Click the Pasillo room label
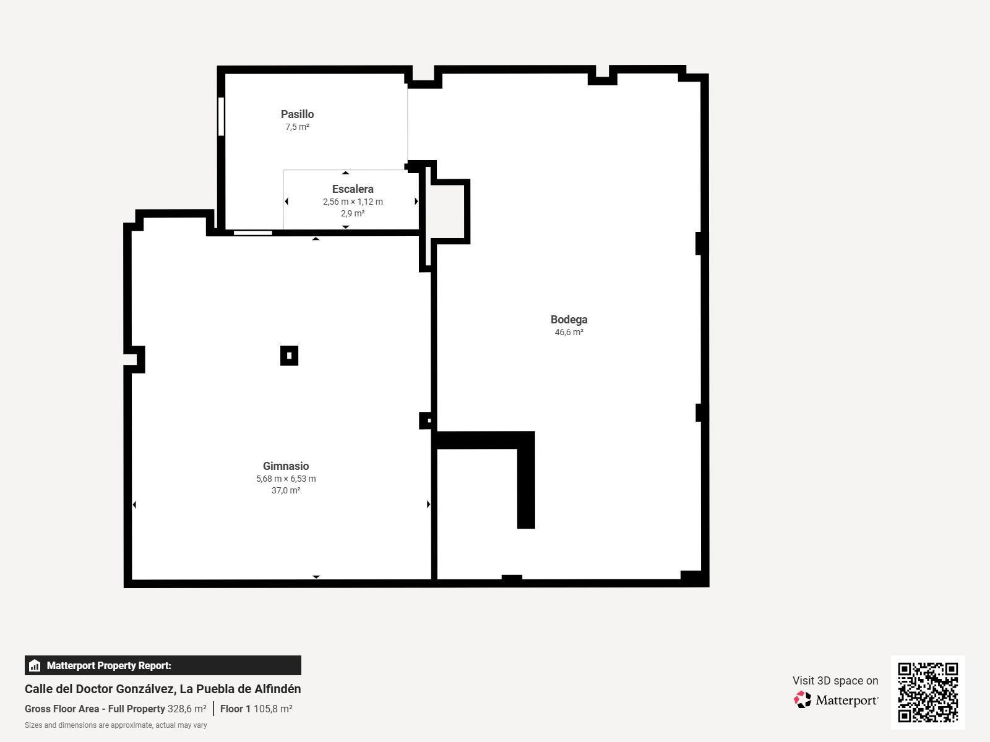pyautogui.click(x=297, y=114)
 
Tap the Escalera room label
pyautogui.click(x=353, y=189)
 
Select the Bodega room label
pyautogui.click(x=569, y=320)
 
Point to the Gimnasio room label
pyautogui.click(x=286, y=466)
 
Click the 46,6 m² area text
pyautogui.click(x=569, y=333)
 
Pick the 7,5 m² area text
pyautogui.click(x=297, y=127)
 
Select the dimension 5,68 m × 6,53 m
pyautogui.click(x=286, y=479)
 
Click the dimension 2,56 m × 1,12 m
pyautogui.click(x=353, y=202)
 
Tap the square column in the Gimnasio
pyautogui.click(x=290, y=356)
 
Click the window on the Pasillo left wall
pyautogui.click(x=221, y=116)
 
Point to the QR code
pyautogui.click(x=928, y=692)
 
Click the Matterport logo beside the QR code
pyautogui.click(x=836, y=700)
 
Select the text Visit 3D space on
pyautogui.click(x=835, y=681)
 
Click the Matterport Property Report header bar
pyautogui.click(x=163, y=665)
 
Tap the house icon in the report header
pyautogui.click(x=35, y=666)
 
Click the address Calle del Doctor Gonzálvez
pyautogui.click(x=163, y=689)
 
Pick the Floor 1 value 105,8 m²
pyautogui.click(x=273, y=709)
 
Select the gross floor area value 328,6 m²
pyautogui.click(x=187, y=709)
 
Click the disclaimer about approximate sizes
pyautogui.click(x=116, y=725)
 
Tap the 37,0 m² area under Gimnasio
pyautogui.click(x=286, y=491)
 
